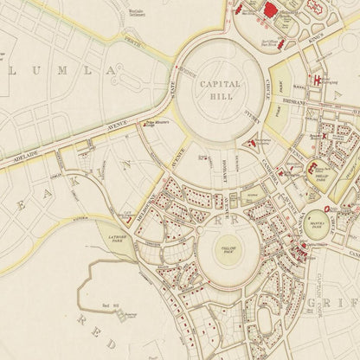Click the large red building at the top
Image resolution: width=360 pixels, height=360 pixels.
point(273,11)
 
